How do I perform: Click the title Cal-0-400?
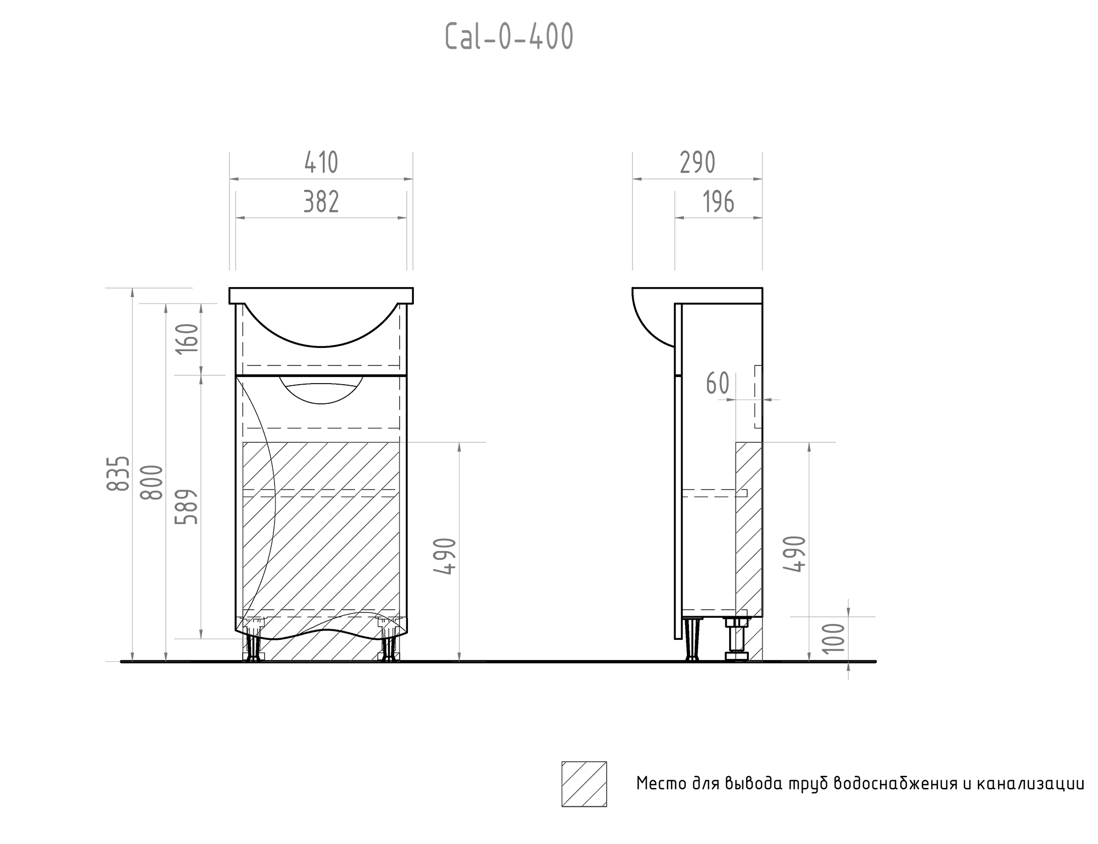pos(509,38)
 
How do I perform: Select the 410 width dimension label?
pos(321,163)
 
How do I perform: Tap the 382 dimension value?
pos(321,202)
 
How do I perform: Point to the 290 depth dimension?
pos(697,163)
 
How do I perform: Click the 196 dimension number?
pos(719,202)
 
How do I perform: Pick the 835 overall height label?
pos(119,473)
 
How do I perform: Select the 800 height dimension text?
pos(152,482)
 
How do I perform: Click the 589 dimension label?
pos(187,507)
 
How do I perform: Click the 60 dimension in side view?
pos(718,384)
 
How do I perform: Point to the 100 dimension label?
pos(835,638)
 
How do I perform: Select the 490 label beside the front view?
pos(445,556)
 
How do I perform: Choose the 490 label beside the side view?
pos(796,554)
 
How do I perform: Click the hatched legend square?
pos(584,784)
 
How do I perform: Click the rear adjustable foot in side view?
pos(736,639)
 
